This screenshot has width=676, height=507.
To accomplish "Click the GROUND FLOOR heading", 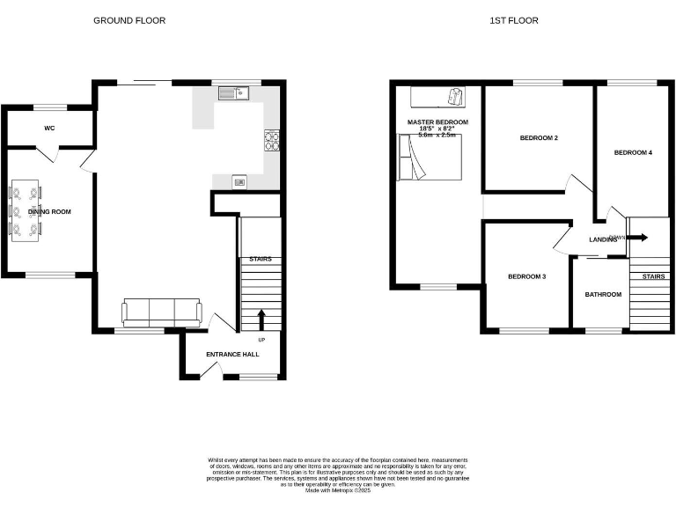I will [129, 20].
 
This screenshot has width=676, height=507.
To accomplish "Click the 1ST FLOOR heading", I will [514, 20].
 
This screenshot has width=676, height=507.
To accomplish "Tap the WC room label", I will [49, 129].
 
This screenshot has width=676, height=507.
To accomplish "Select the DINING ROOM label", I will [49, 212].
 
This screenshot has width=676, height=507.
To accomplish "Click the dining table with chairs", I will [25, 211].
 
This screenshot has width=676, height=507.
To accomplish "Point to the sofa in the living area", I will [162, 312].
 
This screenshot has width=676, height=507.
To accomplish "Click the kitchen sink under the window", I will [234, 92].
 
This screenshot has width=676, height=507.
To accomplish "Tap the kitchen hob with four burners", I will [272, 141].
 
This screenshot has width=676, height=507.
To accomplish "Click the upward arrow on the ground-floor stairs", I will [261, 319].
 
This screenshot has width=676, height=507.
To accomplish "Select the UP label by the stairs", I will [261, 340].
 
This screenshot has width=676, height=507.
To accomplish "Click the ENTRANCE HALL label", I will [232, 355].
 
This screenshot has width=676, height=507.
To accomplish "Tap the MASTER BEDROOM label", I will [437, 122].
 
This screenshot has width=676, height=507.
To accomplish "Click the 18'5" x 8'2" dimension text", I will [437, 129].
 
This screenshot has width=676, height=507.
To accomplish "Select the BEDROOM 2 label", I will [539, 138].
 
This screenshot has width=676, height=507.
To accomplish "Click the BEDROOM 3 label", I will [526, 277].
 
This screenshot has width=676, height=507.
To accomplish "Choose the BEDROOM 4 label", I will [633, 153].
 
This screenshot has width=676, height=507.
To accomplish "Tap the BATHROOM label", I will [603, 295].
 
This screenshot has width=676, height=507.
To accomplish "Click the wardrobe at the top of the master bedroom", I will [437, 96].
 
